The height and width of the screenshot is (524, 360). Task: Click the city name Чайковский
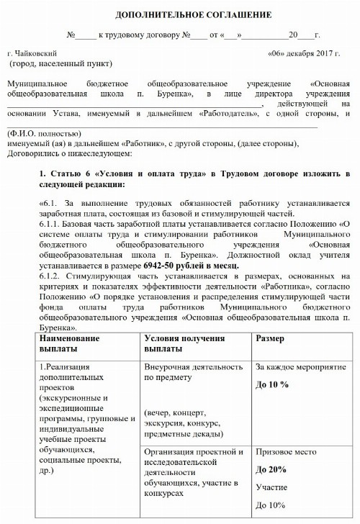coord(37,54)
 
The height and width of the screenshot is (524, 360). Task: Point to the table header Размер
coord(270,338)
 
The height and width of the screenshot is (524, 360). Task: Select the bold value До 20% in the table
coord(271,469)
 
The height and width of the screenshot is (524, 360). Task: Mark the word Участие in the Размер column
coord(271,487)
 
